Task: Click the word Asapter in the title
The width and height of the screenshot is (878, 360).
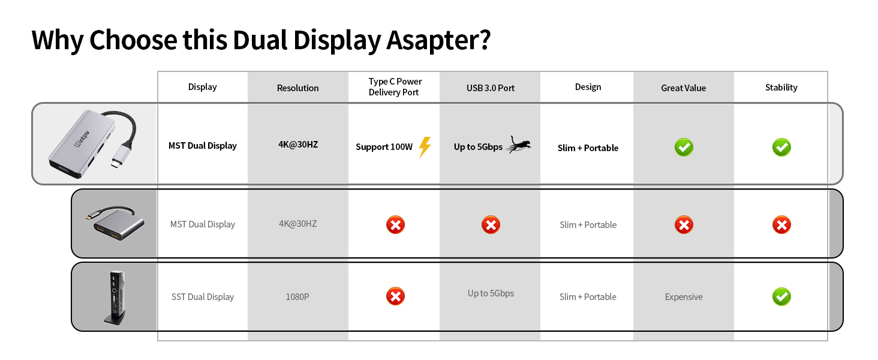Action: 438,40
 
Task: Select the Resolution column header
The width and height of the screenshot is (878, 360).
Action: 297,88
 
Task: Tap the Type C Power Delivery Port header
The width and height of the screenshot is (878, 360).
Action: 395,87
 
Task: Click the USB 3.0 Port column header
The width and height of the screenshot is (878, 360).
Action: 491,88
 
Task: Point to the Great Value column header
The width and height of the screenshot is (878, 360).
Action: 683,88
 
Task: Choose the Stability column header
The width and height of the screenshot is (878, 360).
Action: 781,87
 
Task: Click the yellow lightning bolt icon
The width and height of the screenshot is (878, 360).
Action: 425,147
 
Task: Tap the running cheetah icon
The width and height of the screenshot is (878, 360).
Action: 518,145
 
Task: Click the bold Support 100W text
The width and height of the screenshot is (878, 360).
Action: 384,147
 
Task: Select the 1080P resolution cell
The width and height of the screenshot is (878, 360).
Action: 297,296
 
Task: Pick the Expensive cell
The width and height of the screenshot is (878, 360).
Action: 683,296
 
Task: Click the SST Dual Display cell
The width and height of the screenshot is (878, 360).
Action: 203,296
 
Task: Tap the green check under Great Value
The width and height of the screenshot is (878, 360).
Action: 683,147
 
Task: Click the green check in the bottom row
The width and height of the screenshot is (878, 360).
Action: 781,296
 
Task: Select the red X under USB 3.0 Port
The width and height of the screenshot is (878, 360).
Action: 491,225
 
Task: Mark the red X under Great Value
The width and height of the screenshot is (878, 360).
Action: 683,225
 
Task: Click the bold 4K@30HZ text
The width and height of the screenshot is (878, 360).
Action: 297,145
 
